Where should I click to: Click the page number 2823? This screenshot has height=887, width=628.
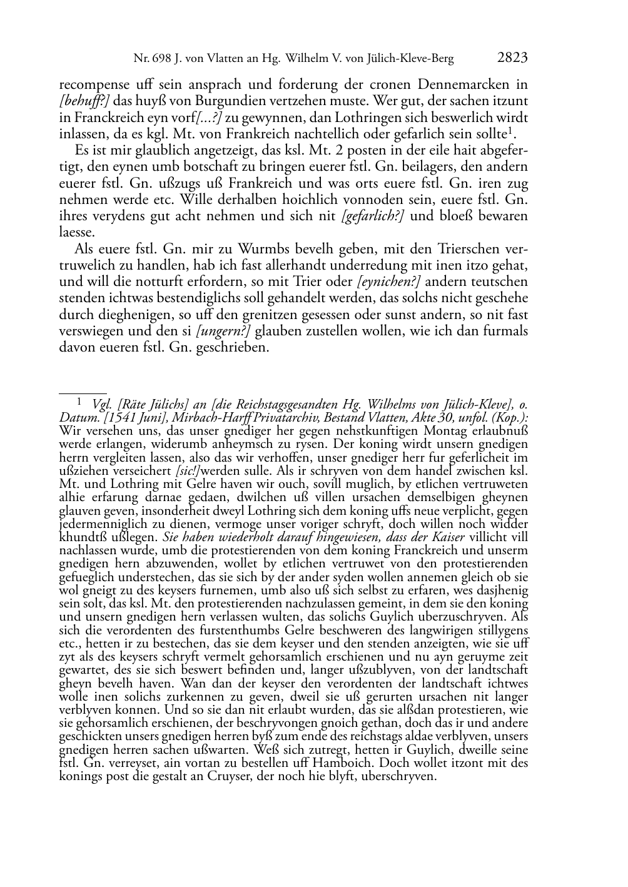(513, 59)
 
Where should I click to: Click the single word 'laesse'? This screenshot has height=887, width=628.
(76, 233)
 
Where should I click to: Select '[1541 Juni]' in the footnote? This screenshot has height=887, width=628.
(118, 417)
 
